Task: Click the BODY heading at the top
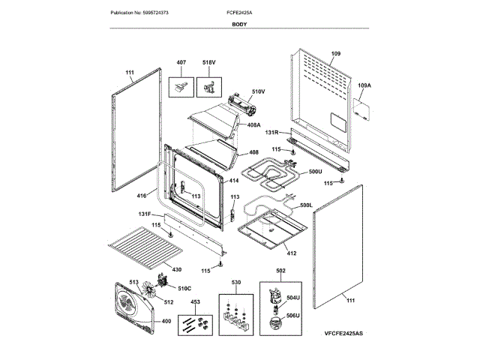(239, 25)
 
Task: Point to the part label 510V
(258, 92)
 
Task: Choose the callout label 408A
(253, 124)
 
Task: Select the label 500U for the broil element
(315, 172)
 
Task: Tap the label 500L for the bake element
(306, 205)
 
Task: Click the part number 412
(291, 253)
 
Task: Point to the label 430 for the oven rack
(176, 269)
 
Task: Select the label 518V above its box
(208, 62)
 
